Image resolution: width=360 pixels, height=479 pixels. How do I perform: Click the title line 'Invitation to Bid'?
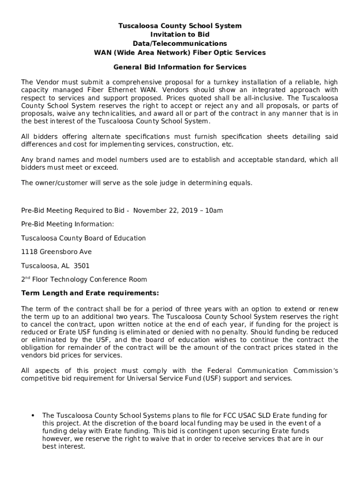(x=180, y=35)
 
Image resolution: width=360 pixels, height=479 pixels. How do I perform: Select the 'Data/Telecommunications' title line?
(x=180, y=44)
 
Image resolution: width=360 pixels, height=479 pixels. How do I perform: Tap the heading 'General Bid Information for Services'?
(x=180, y=67)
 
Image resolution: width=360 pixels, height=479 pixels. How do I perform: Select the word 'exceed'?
(x=107, y=167)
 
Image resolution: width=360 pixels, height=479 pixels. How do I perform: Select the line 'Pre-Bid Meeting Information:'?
(x=67, y=224)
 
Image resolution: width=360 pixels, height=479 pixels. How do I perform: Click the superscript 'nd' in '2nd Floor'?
(x=28, y=278)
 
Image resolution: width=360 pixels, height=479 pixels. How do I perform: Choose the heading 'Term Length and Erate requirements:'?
(x=90, y=293)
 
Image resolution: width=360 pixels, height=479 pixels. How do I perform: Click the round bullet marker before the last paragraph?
(x=33, y=415)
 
